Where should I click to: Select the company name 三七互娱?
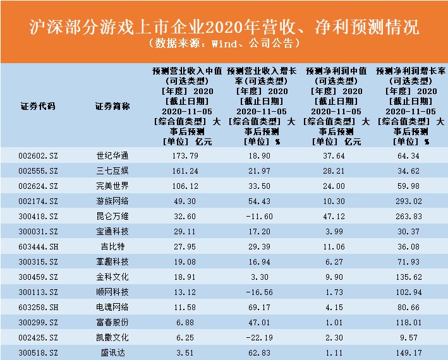[112, 171]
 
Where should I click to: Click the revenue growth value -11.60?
[262, 216]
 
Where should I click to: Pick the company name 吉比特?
[112, 246]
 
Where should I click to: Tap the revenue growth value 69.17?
[262, 307]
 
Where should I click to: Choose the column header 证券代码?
[38, 106]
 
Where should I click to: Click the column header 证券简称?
[112, 106]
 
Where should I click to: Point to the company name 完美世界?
[112, 186]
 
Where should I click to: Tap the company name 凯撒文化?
[112, 337]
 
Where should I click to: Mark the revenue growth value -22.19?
[262, 337]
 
